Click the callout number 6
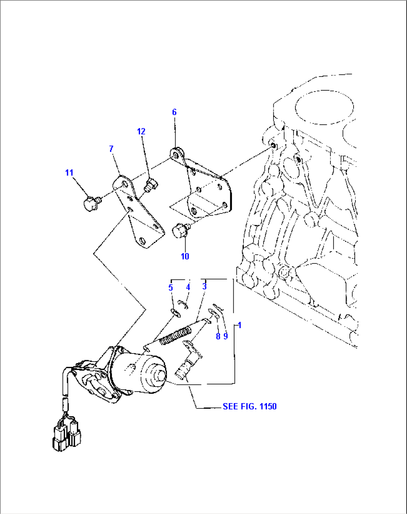[174, 112]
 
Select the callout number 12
[141, 131]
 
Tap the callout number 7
[111, 149]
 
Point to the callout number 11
[69, 172]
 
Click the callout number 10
[185, 256]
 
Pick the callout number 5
[171, 287]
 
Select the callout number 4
[188, 287]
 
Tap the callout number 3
[204, 286]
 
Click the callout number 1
[240, 325]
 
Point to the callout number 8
[218, 336]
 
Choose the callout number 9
[226, 336]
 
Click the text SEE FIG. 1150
[249, 406]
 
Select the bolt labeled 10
[180, 230]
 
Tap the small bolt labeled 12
[151, 184]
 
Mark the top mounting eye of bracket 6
[176, 154]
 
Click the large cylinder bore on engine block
[324, 107]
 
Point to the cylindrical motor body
[140, 374]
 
